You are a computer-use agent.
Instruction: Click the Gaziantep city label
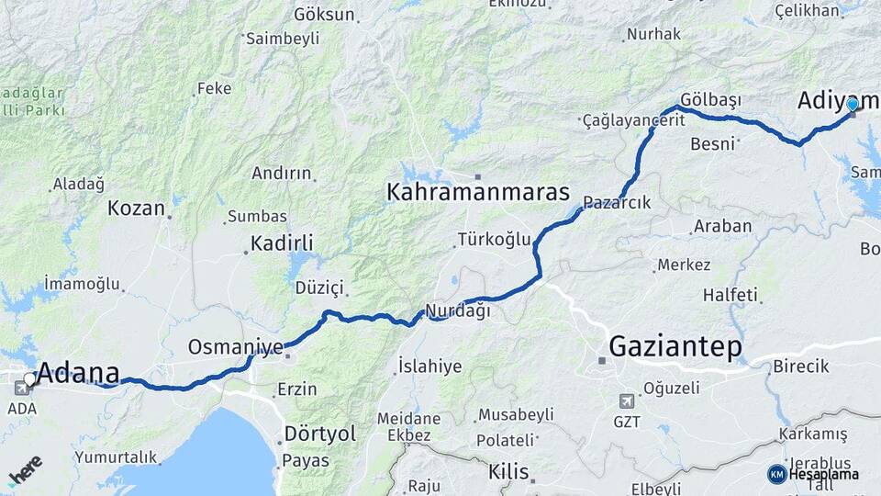[x=675, y=347]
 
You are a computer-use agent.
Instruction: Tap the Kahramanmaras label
[x=478, y=194]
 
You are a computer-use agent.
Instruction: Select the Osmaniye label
[x=236, y=347]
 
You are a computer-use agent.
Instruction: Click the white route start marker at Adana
[x=30, y=378]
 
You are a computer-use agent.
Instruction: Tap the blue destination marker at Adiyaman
[x=852, y=105]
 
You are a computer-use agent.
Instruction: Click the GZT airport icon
[x=626, y=400]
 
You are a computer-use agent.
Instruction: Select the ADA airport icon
[x=20, y=388]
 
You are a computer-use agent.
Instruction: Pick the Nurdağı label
[x=458, y=310]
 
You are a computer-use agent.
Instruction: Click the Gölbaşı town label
[x=711, y=99]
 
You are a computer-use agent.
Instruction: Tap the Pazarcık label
[x=617, y=202]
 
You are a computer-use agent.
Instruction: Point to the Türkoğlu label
[x=495, y=240]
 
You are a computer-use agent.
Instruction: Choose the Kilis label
[x=508, y=472]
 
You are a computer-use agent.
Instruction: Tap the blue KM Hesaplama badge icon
[x=777, y=474]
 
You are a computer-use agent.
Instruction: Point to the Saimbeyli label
[x=283, y=39]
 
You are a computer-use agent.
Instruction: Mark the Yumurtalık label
[x=116, y=457]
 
